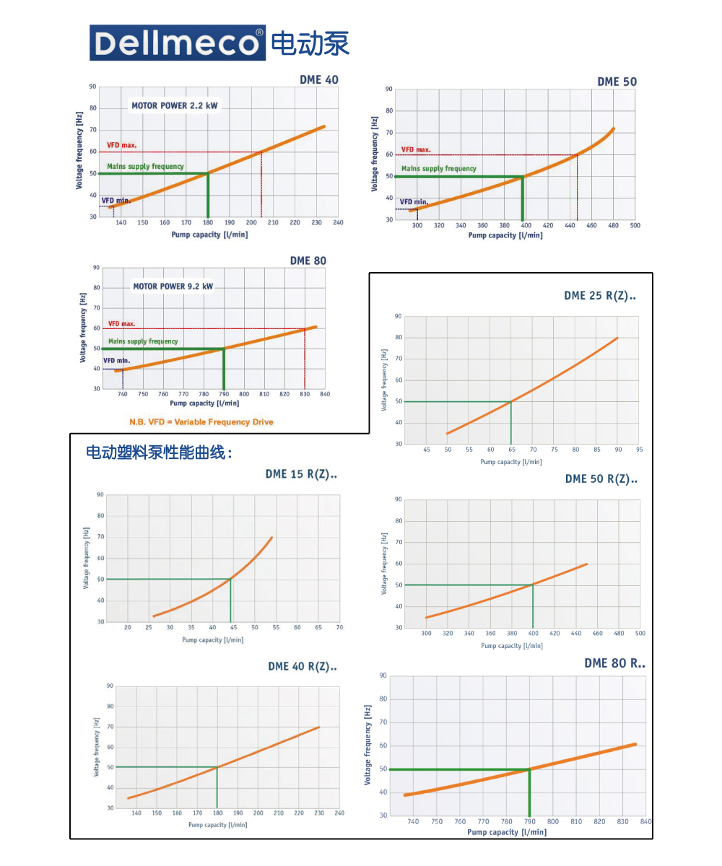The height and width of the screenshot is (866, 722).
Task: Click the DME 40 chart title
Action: coord(319,79)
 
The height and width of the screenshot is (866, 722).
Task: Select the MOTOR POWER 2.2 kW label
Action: coord(174,105)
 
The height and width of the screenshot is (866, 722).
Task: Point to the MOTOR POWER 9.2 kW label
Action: coord(173,287)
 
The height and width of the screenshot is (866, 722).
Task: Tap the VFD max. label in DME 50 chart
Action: coord(416,149)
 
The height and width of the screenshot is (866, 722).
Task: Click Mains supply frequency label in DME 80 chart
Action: coord(143,341)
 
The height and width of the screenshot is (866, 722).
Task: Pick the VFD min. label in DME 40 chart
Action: coord(116,200)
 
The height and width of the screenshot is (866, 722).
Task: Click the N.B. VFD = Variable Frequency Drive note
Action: coord(201,421)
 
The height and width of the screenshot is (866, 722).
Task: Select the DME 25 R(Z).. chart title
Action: coord(601,296)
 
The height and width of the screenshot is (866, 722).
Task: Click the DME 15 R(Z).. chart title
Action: coord(301,474)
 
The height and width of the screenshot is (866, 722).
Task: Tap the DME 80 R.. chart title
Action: coord(614,663)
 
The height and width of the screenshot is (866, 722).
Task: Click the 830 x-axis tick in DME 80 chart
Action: coord(305,394)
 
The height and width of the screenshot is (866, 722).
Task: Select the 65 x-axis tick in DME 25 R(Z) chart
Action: coord(511,450)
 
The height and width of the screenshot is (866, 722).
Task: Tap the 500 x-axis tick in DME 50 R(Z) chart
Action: coord(640,633)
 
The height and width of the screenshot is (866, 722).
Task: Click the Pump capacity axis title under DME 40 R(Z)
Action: coord(217,824)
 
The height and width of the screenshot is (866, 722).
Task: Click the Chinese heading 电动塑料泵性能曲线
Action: coord(159,452)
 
